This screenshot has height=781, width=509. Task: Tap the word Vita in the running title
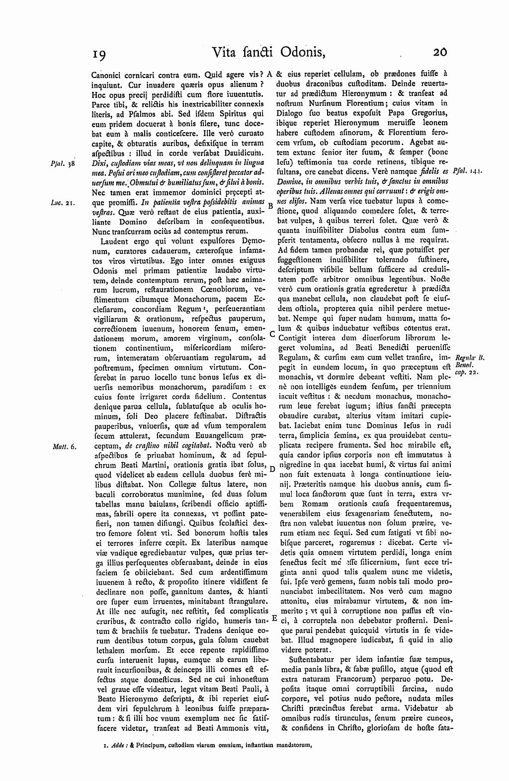click(226, 52)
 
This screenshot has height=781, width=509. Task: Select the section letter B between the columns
click(270, 205)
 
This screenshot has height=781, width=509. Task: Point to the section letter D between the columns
click(272, 469)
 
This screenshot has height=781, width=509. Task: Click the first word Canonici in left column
click(107, 77)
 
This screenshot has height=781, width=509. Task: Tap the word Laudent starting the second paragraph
click(115, 241)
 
